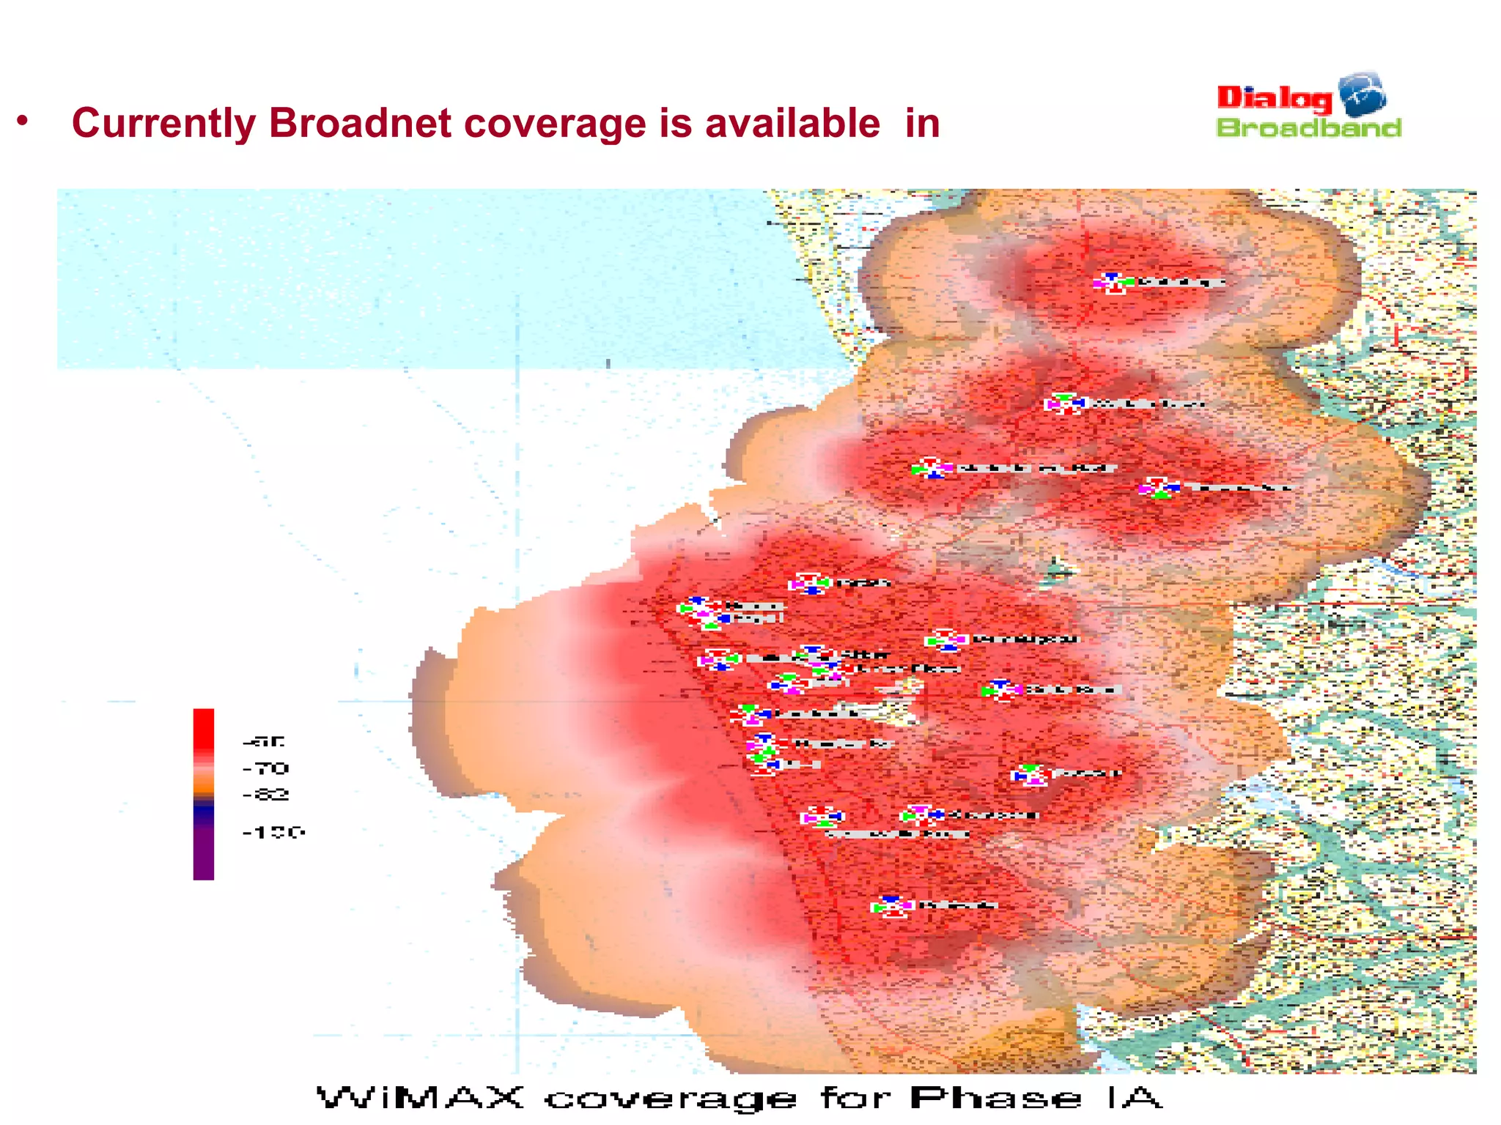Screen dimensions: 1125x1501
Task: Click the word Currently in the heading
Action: click(163, 123)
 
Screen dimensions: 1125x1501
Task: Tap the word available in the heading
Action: click(792, 123)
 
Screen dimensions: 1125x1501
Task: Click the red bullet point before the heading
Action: click(23, 120)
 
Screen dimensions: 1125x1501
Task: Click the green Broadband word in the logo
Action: click(1308, 128)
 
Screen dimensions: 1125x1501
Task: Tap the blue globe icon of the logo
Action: click(1362, 94)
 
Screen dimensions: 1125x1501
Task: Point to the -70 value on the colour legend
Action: click(266, 768)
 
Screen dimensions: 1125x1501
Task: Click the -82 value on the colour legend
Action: click(266, 795)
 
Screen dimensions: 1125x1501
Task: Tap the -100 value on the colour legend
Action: click(273, 832)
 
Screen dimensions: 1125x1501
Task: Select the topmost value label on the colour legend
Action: click(263, 741)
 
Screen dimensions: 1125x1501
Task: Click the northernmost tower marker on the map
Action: click(1113, 283)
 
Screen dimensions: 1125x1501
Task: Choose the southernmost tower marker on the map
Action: click(891, 907)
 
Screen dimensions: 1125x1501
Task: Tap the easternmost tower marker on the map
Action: click(1159, 488)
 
